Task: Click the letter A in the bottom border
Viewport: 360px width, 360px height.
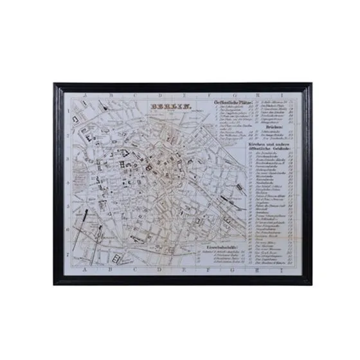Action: [76, 270]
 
